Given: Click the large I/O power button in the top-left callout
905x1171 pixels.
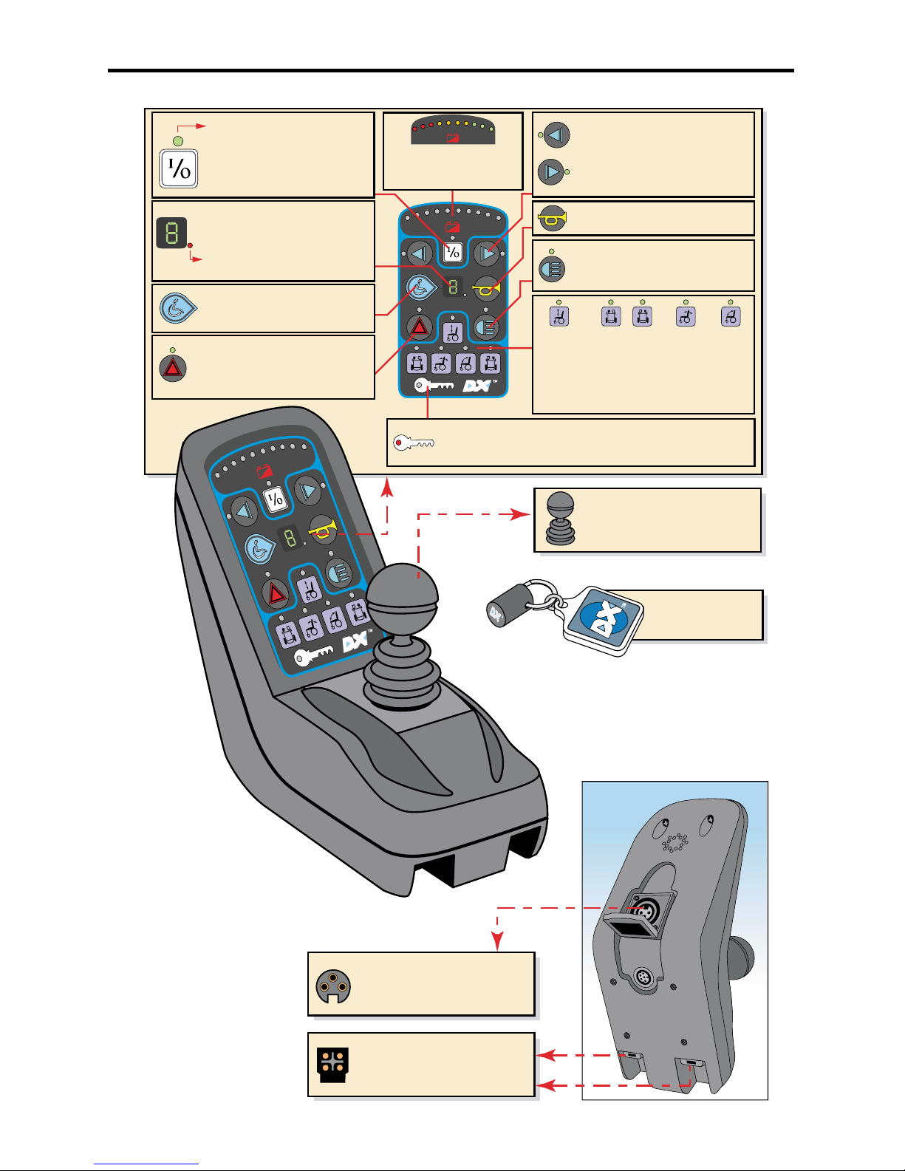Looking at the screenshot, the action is [x=179, y=168].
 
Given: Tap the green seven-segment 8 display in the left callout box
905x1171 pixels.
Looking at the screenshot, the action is [x=171, y=233].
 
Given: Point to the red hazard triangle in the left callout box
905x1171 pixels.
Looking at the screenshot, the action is [x=173, y=368].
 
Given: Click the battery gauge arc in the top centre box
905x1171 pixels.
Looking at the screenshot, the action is [x=453, y=130].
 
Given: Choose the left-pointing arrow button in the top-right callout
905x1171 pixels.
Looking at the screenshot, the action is [x=557, y=135].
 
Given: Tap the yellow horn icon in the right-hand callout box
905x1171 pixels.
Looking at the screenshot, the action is [x=552, y=219].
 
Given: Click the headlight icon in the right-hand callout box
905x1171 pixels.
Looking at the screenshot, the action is [x=552, y=268].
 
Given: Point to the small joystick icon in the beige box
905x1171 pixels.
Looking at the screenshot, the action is [x=560, y=519].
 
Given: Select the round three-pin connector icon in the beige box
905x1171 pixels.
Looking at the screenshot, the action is [x=333, y=986].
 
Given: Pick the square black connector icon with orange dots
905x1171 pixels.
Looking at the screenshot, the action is [x=333, y=1065].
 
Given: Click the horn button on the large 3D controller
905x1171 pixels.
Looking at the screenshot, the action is [x=322, y=529].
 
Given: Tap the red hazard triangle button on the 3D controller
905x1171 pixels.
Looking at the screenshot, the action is [x=276, y=593].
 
